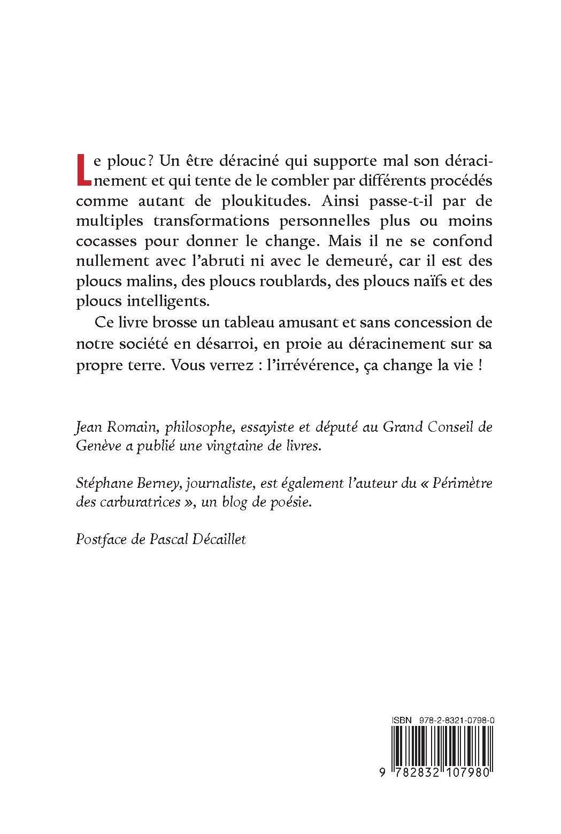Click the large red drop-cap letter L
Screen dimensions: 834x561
tap(83, 167)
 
